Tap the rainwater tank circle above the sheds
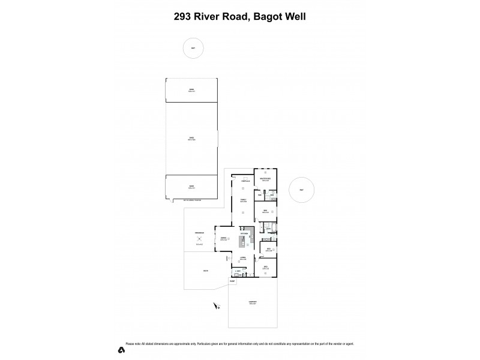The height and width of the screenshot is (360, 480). [193, 49]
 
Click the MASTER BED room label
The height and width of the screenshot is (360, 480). [265, 178]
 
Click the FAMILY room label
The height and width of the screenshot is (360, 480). [244, 200]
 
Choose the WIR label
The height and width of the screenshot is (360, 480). [260, 195]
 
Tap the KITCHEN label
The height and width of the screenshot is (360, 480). [245, 233]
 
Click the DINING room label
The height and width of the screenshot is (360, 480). [224, 239]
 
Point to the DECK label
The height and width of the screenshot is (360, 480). [205, 271]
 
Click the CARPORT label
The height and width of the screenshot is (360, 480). [253, 302]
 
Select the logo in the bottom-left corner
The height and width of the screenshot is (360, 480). [121, 349]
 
